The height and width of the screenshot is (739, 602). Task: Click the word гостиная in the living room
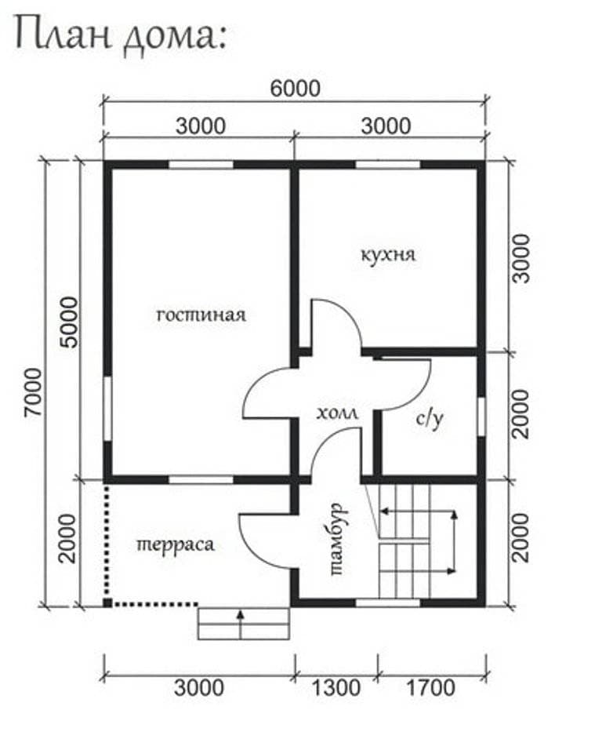pos(201,315)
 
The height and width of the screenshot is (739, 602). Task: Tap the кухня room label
pos(389,255)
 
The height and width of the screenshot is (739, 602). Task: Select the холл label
pos(337,413)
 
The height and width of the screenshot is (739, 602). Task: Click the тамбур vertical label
pos(338,540)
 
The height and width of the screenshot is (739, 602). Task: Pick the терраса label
pos(176,544)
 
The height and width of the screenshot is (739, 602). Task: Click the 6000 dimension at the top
pos(296,88)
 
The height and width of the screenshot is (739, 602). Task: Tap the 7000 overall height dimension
pos(34,392)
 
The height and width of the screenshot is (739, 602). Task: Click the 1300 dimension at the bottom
pos(336,688)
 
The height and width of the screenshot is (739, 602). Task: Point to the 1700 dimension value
pos(430,688)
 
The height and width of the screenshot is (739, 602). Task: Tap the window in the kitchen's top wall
pos(388,165)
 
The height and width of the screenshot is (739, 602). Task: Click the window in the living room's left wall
pos(108,409)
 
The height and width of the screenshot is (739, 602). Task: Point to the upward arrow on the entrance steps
pos(241,624)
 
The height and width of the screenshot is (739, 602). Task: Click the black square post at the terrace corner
pos(108,602)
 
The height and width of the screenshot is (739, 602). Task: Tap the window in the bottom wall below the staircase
pos(388,602)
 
